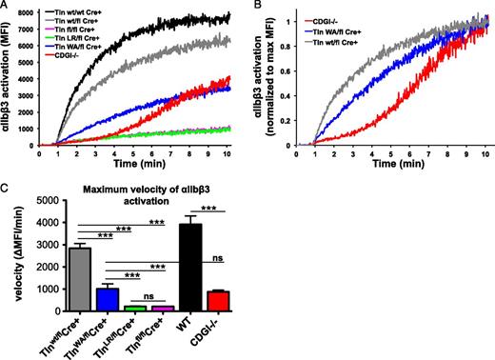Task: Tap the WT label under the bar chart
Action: point(221,322)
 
